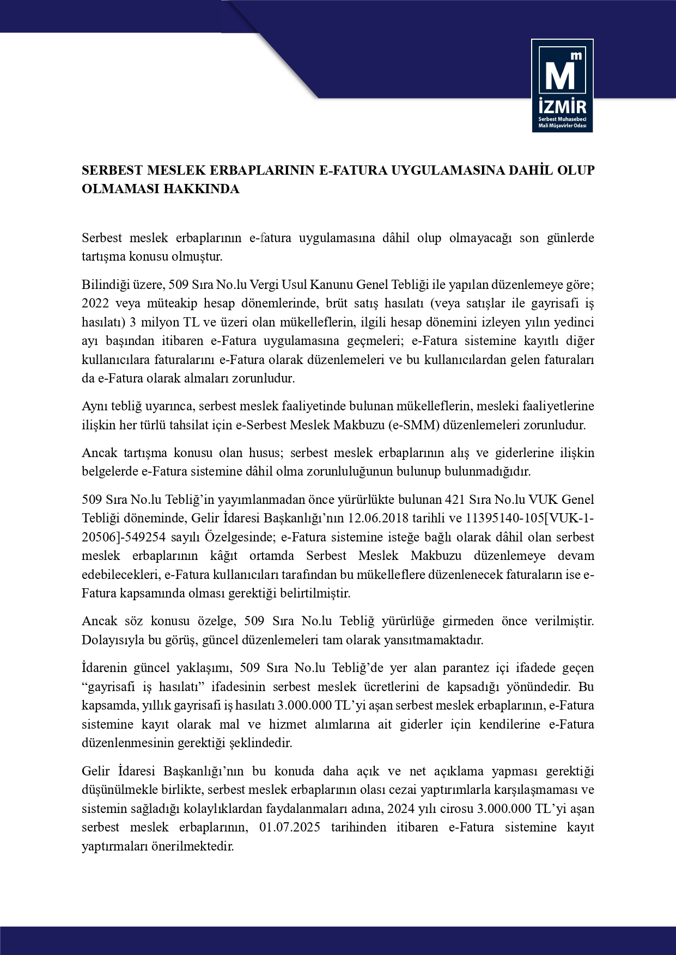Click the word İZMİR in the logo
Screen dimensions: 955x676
(x=562, y=105)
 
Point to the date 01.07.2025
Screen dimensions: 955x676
(x=289, y=828)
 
